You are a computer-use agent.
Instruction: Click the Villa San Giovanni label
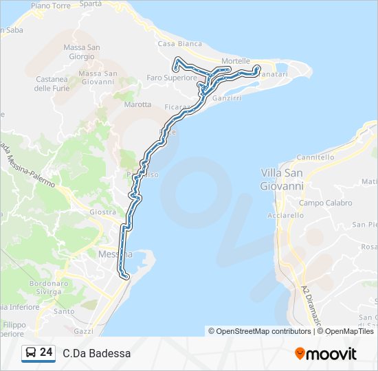pos(282,179)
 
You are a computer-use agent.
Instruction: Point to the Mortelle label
pos(236,61)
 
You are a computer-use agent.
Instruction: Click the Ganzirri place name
pos(228,98)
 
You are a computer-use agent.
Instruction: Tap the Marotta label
pos(137,104)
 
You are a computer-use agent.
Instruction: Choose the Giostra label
pos(102,212)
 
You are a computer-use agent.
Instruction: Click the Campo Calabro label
pos(325,203)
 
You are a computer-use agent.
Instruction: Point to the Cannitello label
pos(316,157)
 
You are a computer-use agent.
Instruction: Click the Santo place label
pos(64,311)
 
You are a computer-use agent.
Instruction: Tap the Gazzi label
pos(83,330)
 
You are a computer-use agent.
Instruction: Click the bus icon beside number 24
pos(31,353)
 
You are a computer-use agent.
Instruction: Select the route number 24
pos(46,352)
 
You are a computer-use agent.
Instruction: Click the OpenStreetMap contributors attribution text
pos(264,331)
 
